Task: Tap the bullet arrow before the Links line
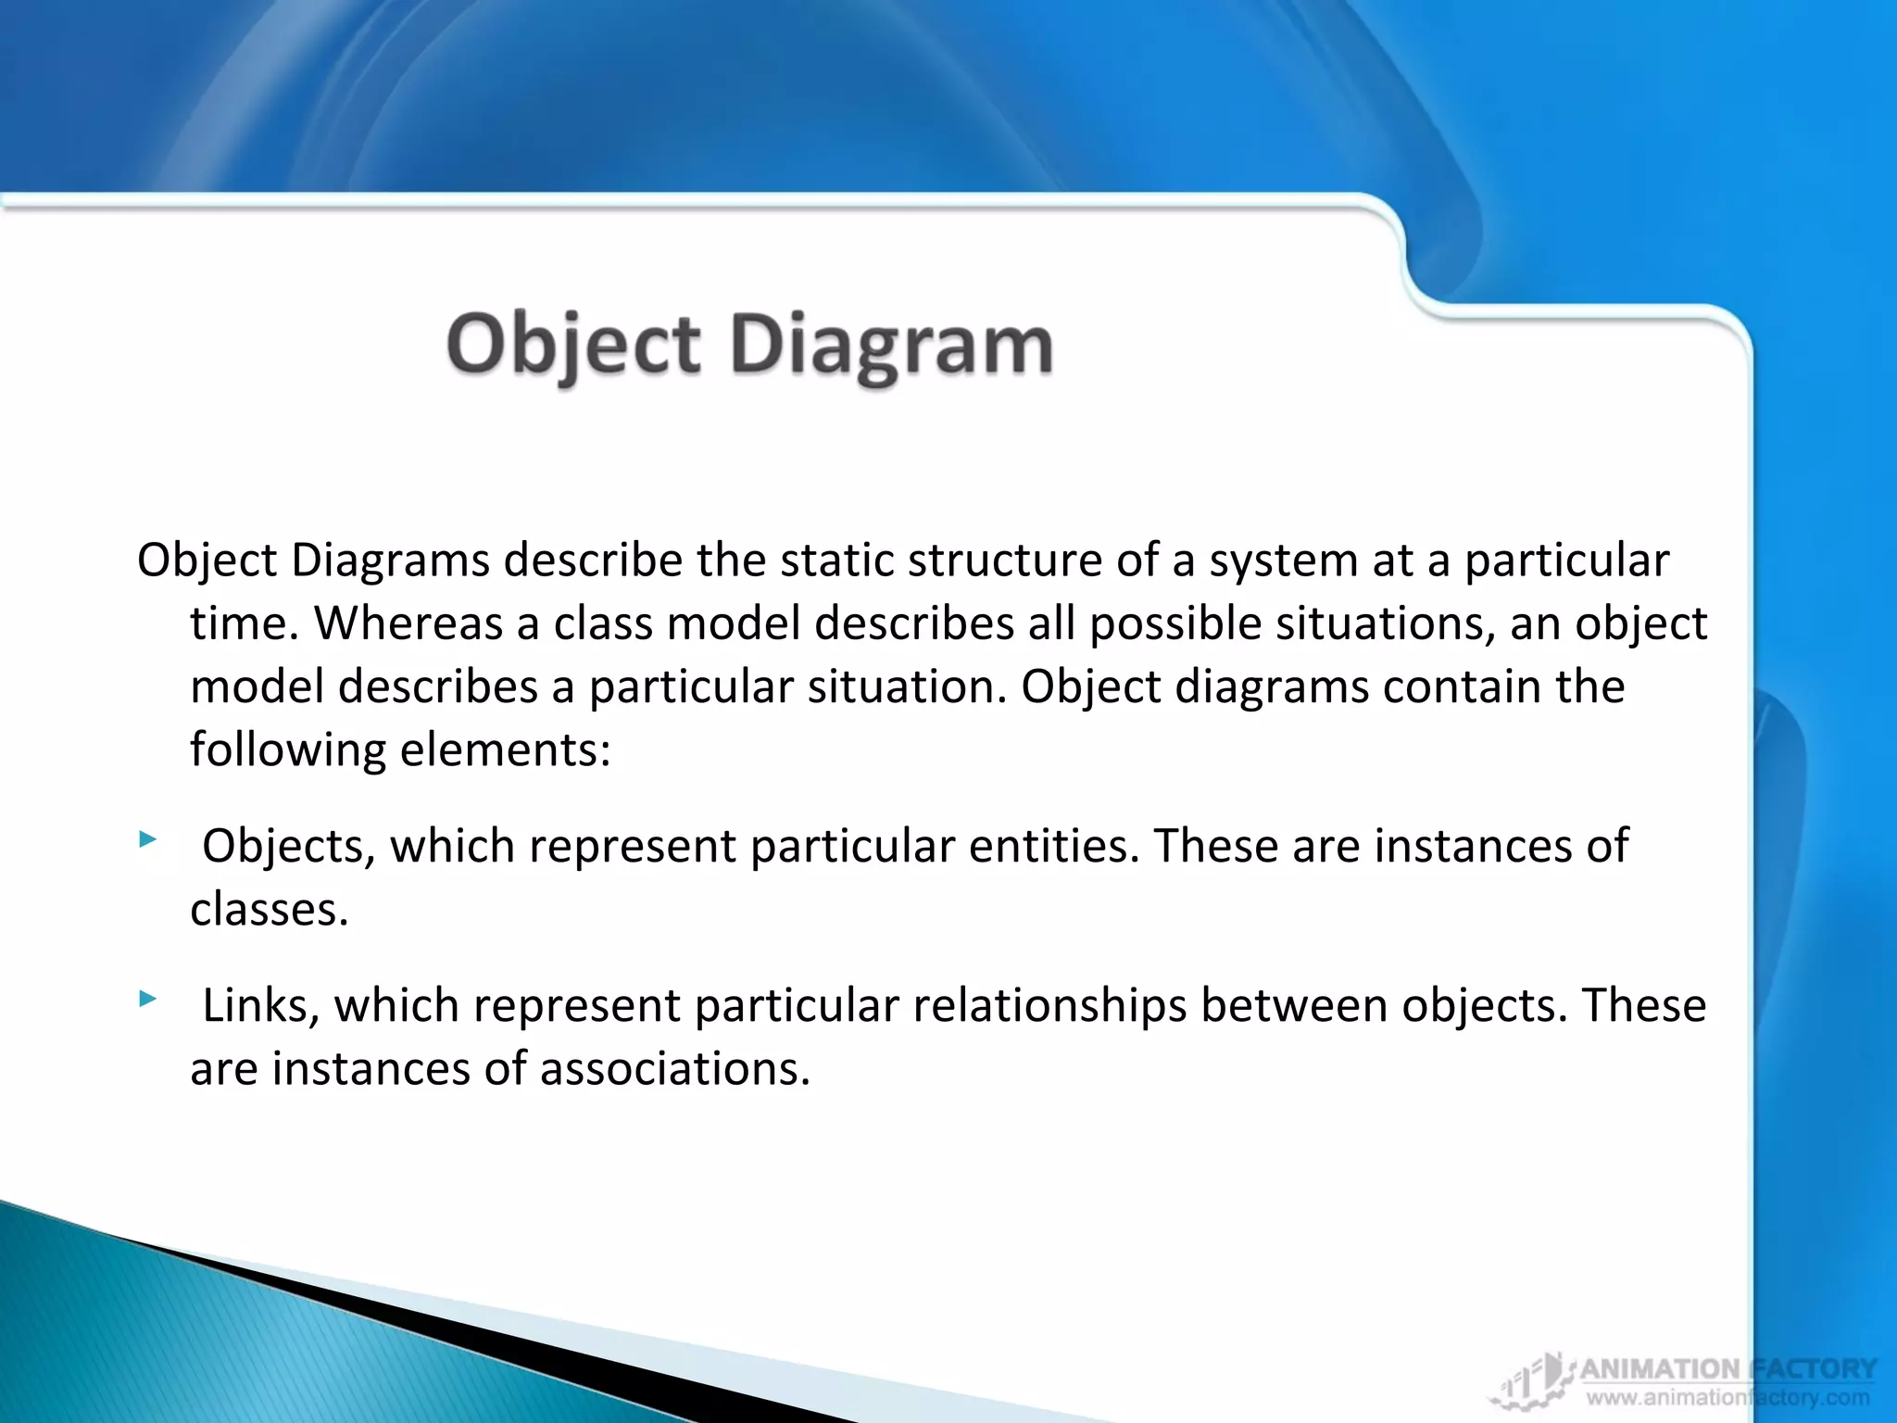pyautogui.click(x=147, y=999)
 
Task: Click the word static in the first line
pyautogui.click(x=837, y=560)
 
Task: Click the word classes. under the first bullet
pyautogui.click(x=269, y=910)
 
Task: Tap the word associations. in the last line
pyautogui.click(x=674, y=1069)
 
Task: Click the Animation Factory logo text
pyautogui.click(x=1727, y=1369)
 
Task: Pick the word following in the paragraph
pyautogui.click(x=287, y=749)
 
